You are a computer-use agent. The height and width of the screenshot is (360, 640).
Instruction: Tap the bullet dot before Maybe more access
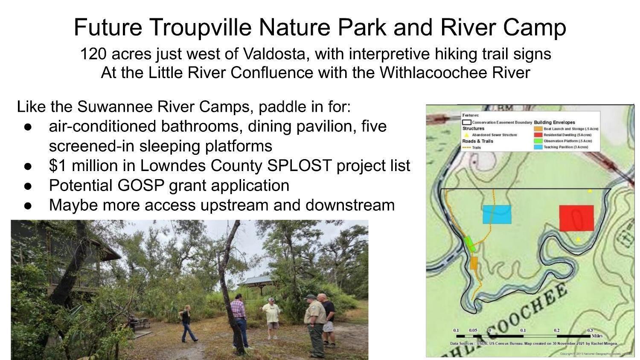(28, 206)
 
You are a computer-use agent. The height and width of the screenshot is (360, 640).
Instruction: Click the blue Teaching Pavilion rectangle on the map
(497, 215)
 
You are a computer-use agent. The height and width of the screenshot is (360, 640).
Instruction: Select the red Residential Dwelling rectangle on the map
(576, 218)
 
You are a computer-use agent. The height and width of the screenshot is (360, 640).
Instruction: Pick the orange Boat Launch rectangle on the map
(474, 263)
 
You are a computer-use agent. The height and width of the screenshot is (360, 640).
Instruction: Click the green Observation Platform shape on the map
(470, 244)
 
